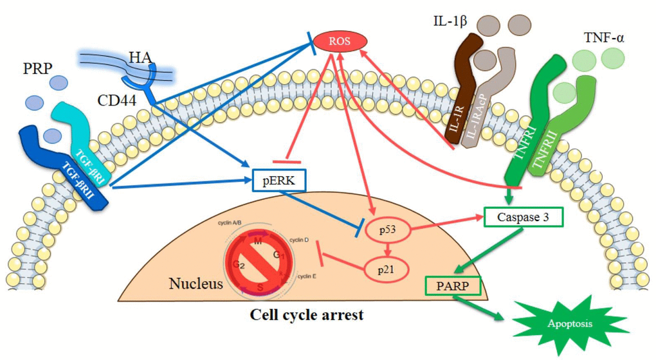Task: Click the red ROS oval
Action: click(x=339, y=42)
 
